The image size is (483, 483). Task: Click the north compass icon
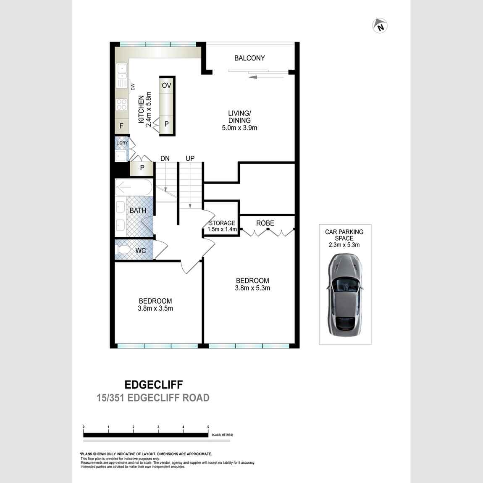point(380,26)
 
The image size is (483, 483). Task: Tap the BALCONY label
point(249,58)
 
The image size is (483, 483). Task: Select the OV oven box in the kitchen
point(167,86)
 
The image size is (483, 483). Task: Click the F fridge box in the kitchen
point(122,126)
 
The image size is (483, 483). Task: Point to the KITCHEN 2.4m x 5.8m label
point(144,109)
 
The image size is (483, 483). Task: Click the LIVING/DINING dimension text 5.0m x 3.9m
point(239,128)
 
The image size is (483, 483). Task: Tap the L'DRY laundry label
point(122,143)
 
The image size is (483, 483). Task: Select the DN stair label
point(165,158)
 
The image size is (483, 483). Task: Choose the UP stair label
point(190,158)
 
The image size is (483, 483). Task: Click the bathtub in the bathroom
point(134,187)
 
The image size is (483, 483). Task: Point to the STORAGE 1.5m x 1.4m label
point(222,226)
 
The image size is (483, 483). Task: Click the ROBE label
point(265,223)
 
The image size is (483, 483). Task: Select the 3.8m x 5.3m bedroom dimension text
point(252,288)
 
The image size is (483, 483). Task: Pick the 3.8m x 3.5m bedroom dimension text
point(155,308)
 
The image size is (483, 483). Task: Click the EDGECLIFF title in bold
point(154,384)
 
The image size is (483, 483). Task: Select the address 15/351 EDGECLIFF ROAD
point(153,398)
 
